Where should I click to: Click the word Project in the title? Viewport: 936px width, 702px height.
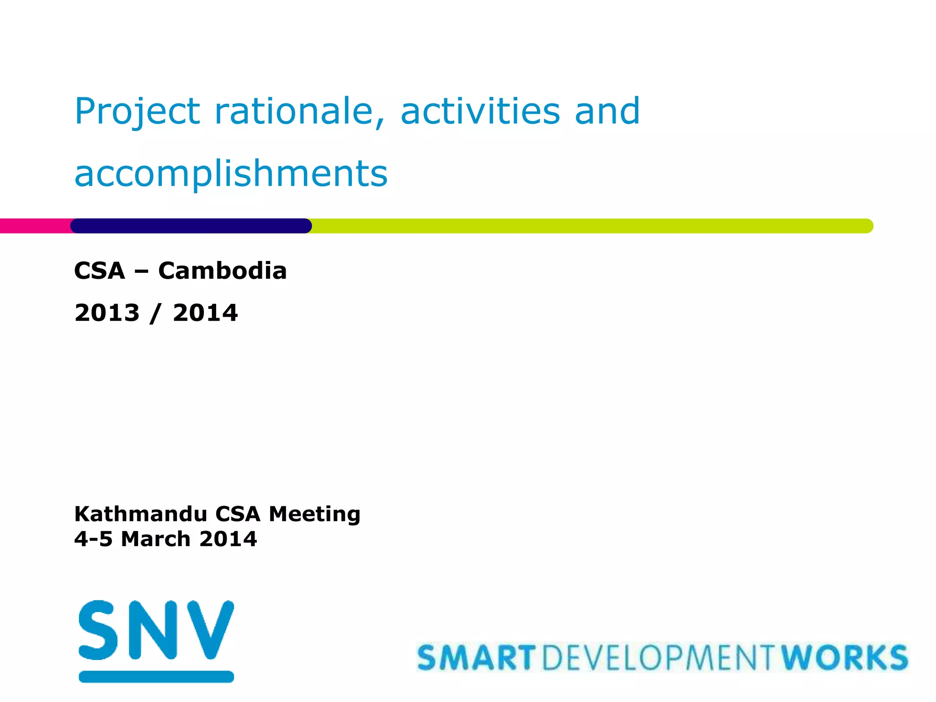[x=137, y=112]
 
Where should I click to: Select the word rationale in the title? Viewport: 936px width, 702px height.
[x=300, y=112]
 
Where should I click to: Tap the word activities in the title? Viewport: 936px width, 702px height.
[x=480, y=112]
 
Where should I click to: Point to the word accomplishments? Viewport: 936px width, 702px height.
[x=231, y=175]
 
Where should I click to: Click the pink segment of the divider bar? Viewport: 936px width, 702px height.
[x=35, y=226]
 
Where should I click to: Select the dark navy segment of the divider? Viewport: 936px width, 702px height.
[x=191, y=226]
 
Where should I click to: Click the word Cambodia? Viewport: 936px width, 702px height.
[x=222, y=271]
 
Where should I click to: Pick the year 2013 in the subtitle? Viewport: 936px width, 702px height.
[x=107, y=313]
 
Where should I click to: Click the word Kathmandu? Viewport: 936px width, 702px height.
[x=141, y=514]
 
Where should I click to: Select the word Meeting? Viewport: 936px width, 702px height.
[x=314, y=514]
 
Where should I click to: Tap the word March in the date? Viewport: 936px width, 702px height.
[x=155, y=539]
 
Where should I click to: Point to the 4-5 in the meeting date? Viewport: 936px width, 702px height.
[x=93, y=539]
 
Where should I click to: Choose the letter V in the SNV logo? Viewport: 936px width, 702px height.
[x=209, y=630]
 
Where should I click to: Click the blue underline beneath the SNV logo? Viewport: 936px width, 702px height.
[x=156, y=677]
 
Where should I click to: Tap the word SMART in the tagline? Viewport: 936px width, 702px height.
[x=476, y=658]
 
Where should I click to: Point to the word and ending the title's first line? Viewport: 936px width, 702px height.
[x=607, y=112]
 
